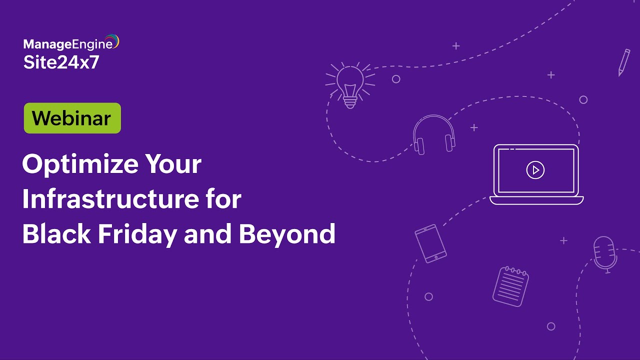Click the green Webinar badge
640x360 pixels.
pyautogui.click(x=72, y=118)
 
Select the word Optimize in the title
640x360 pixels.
pyautogui.click(x=79, y=164)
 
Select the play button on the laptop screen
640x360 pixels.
pyautogui.click(x=535, y=170)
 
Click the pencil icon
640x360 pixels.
pyautogui.click(x=623, y=62)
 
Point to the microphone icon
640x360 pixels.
pyautogui.click(x=605, y=254)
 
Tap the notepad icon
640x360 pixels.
pyautogui.click(x=510, y=286)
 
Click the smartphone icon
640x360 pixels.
pyautogui.click(x=430, y=243)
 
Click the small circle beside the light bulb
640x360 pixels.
pyautogui.click(x=396, y=79)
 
